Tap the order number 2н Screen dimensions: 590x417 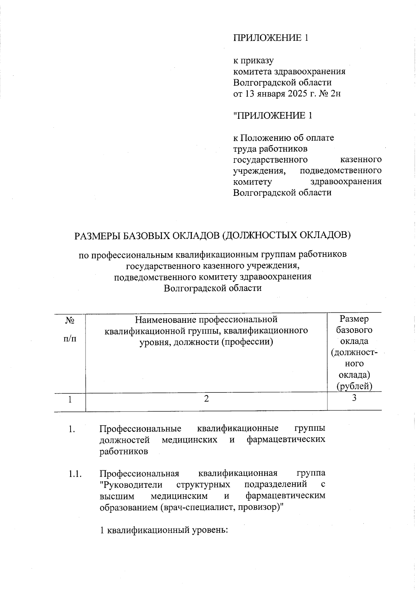click(x=334, y=94)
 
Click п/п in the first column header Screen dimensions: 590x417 click(x=70, y=338)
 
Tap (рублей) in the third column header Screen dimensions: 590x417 click(x=354, y=386)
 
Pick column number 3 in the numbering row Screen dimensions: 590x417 click(x=354, y=398)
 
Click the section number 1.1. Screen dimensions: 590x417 click(x=75, y=474)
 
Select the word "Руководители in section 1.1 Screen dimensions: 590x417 click(x=131, y=485)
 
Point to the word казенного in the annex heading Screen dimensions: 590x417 click(x=360, y=160)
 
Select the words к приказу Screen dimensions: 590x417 click(x=253, y=61)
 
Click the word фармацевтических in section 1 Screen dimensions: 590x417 click(x=286, y=440)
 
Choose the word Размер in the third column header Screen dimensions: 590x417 click(x=354, y=319)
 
